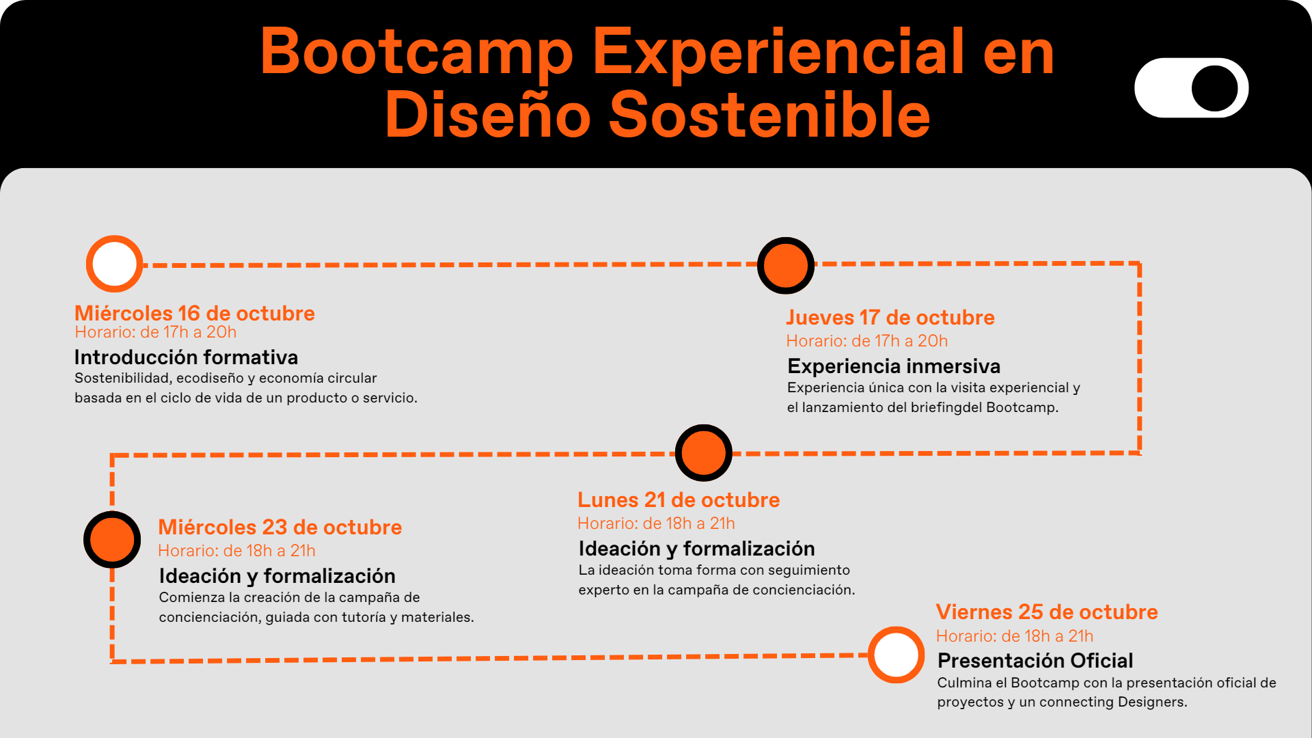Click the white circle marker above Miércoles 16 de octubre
(x=114, y=264)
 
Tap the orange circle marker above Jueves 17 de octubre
(x=786, y=266)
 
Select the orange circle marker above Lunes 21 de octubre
(x=703, y=453)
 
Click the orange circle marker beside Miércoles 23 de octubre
(x=112, y=539)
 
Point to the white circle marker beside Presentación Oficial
(x=896, y=655)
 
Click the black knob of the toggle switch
(x=1214, y=88)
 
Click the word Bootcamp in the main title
(x=416, y=52)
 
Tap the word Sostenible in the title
(x=769, y=115)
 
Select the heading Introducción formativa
(x=186, y=357)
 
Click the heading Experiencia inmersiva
(x=893, y=366)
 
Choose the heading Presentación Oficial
(x=1035, y=661)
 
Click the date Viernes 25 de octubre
(x=1046, y=612)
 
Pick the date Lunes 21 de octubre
(x=678, y=500)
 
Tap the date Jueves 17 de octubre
(x=890, y=318)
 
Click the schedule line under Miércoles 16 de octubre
(x=156, y=332)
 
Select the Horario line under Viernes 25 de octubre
(x=1014, y=636)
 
